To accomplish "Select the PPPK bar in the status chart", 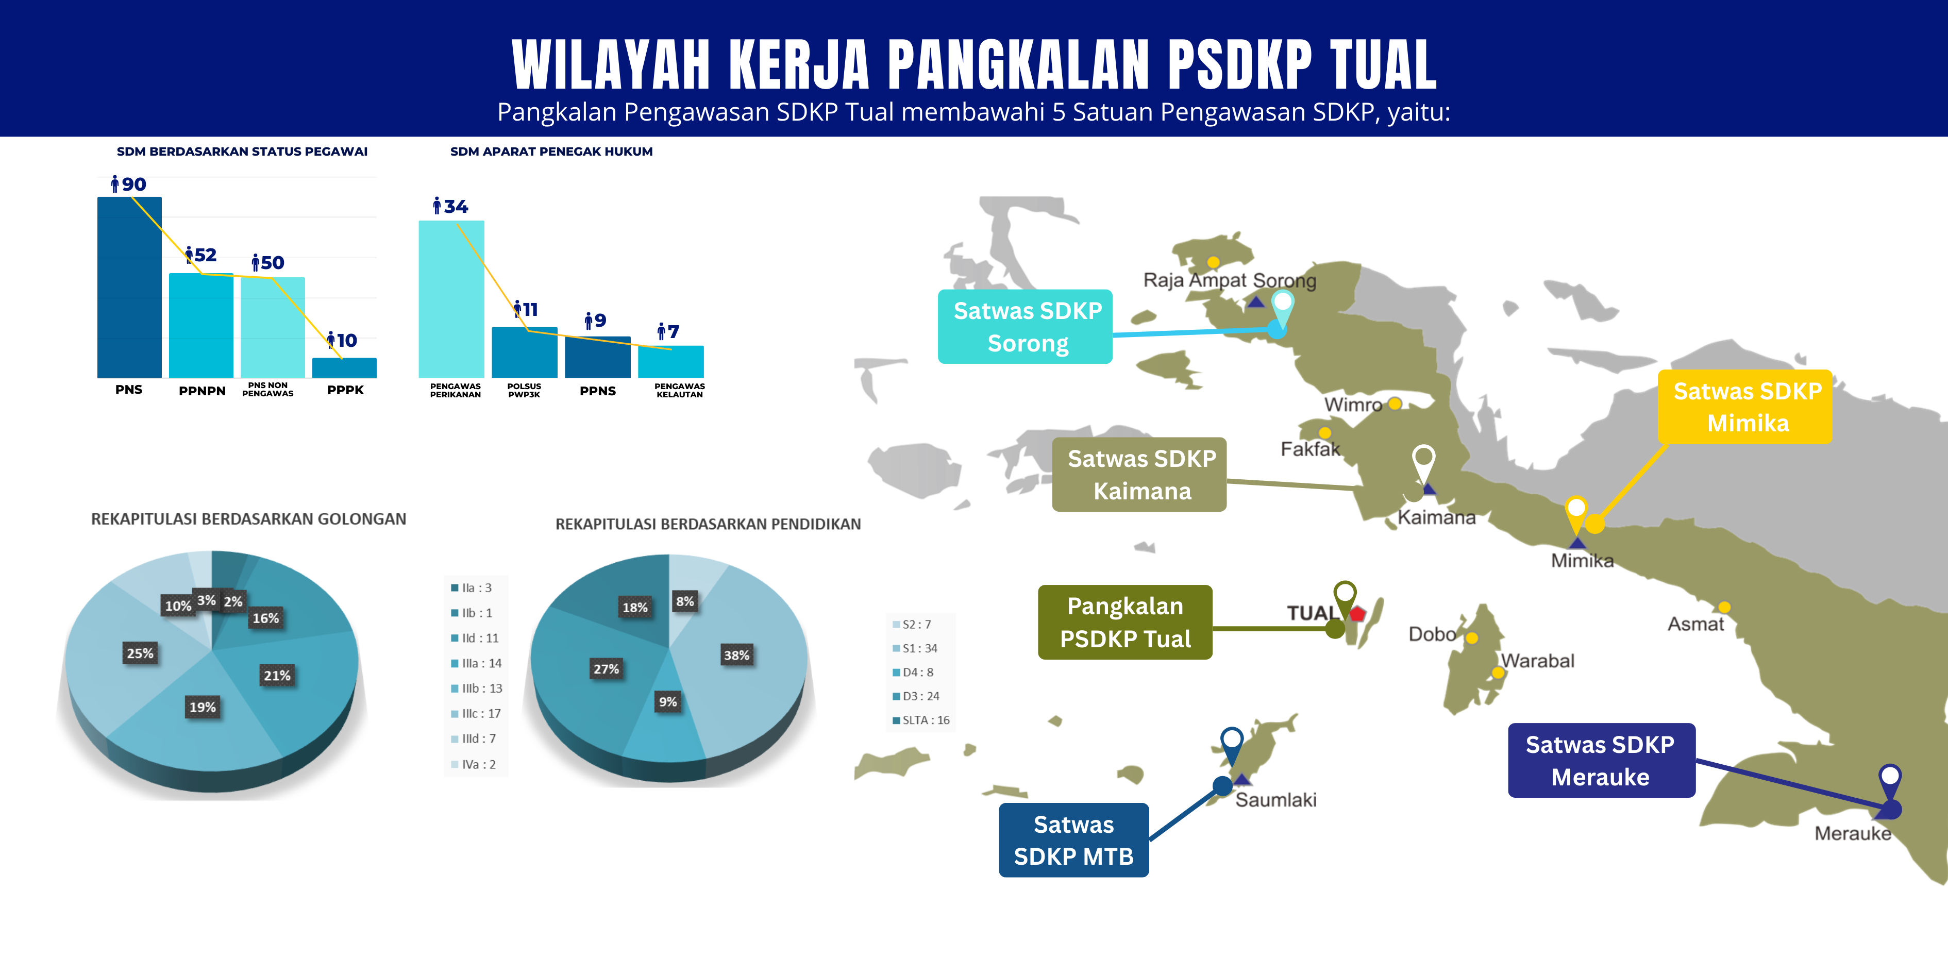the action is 344,367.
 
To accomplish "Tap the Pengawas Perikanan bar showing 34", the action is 451,299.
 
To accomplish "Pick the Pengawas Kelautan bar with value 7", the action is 671,361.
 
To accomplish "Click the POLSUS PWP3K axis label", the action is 524,390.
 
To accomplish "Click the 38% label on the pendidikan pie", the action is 736,656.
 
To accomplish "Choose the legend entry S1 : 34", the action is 915,649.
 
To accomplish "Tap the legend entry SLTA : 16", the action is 921,720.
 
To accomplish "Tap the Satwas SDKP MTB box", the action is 1074,840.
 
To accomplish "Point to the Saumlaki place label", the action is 1275,800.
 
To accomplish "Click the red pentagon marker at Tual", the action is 1357,613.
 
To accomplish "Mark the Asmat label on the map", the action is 1695,625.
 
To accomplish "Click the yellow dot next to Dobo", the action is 1472,638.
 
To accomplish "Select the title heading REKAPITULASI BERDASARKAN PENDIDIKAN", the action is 708,524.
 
